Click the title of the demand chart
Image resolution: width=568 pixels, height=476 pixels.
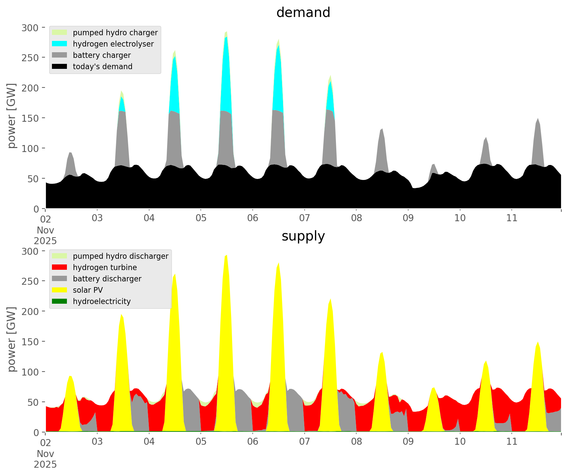click(x=303, y=13)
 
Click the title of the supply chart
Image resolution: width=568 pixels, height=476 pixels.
click(x=303, y=236)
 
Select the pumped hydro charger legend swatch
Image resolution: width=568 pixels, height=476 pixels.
click(x=59, y=33)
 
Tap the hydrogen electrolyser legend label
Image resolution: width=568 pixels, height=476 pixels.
click(x=113, y=44)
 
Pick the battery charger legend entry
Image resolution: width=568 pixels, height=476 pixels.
click(x=102, y=55)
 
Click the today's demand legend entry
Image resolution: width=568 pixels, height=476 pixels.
click(x=103, y=67)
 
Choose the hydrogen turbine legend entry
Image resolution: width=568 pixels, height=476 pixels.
click(x=105, y=267)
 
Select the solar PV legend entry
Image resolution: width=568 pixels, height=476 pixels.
click(x=88, y=290)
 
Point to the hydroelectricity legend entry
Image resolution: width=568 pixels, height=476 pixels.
click(x=102, y=301)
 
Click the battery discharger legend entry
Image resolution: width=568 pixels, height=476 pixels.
click(x=107, y=279)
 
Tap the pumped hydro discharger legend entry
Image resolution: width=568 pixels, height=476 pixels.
click(x=121, y=256)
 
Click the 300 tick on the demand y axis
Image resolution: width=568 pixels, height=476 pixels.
click(x=30, y=28)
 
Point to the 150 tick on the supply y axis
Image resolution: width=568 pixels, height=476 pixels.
click(x=30, y=342)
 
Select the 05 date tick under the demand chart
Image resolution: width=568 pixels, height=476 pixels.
click(x=201, y=218)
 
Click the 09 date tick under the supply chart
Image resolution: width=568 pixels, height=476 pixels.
click(x=408, y=442)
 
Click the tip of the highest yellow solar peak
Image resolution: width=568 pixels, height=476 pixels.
click(x=226, y=255)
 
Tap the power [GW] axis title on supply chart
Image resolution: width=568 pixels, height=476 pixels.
click(x=12, y=339)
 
